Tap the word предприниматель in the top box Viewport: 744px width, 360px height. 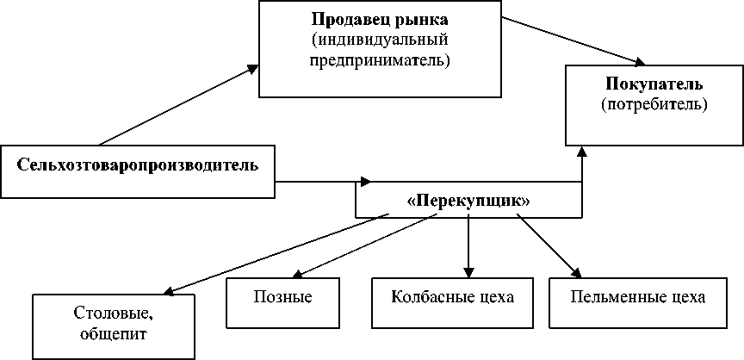point(380,61)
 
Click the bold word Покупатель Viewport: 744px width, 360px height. point(654,86)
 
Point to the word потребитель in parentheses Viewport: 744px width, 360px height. point(654,106)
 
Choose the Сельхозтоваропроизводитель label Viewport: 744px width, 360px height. point(139,164)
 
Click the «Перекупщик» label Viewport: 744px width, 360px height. point(468,200)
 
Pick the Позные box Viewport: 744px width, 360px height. point(282,299)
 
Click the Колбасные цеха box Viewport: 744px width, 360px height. point(452,299)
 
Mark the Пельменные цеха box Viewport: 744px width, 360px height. point(638,299)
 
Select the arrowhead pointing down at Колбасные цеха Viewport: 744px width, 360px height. point(468,272)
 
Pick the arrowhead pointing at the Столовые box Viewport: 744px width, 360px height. point(167,291)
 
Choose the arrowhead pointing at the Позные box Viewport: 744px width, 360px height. point(295,275)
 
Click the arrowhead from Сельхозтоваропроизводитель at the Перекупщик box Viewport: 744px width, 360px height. point(367,182)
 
